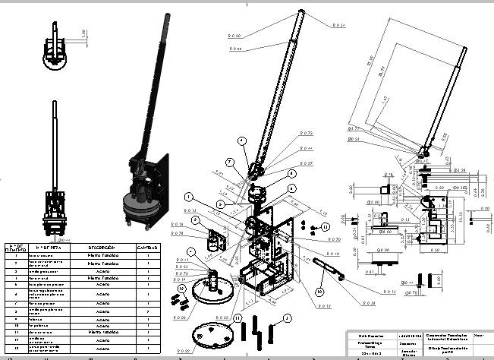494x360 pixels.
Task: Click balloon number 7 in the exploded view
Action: [227, 163]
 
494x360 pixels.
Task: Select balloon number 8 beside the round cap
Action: [291, 173]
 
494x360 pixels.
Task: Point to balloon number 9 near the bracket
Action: [196, 220]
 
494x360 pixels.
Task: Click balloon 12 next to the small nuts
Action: [182, 288]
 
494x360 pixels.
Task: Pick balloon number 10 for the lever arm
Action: [319, 291]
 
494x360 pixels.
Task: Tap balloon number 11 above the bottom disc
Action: [238, 317]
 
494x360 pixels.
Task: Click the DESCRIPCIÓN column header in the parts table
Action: [101, 248]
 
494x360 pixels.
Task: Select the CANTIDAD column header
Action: [146, 248]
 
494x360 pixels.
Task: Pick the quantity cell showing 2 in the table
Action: [146, 311]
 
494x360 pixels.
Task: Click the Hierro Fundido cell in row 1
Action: [101, 256]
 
